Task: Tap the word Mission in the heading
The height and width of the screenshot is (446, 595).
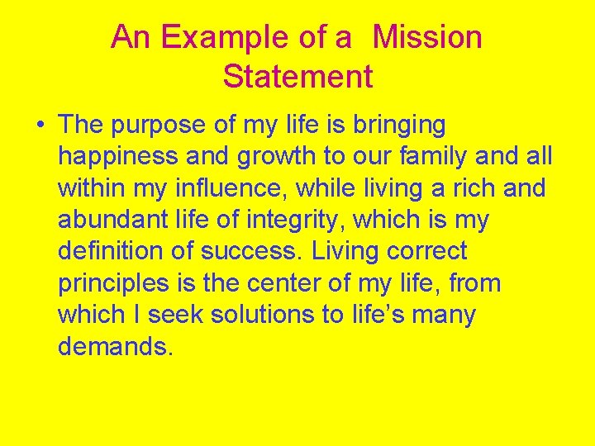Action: coord(427,38)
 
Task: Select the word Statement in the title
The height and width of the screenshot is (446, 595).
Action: coord(297,77)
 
